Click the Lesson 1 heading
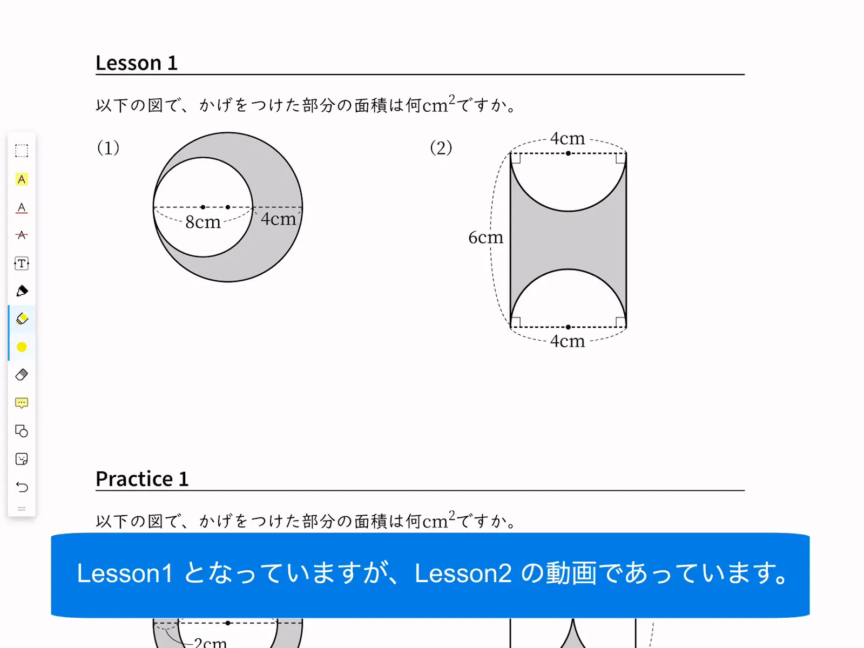click(137, 63)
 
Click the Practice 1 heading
click(142, 479)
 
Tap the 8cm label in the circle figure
click(202, 222)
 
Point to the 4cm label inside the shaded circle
click(278, 219)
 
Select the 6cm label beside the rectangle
click(485, 237)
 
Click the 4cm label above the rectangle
click(568, 138)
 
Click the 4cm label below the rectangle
click(568, 341)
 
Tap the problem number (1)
click(108, 148)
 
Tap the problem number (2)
click(441, 148)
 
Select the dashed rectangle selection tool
click(22, 151)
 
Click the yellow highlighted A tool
click(22, 179)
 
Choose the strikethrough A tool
click(22, 235)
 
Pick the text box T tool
click(22, 263)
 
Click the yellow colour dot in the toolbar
click(22, 347)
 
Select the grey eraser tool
click(22, 375)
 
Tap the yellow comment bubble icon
click(22, 403)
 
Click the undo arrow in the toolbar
click(22, 487)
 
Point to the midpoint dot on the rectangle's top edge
click(568, 153)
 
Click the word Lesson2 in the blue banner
click(463, 573)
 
